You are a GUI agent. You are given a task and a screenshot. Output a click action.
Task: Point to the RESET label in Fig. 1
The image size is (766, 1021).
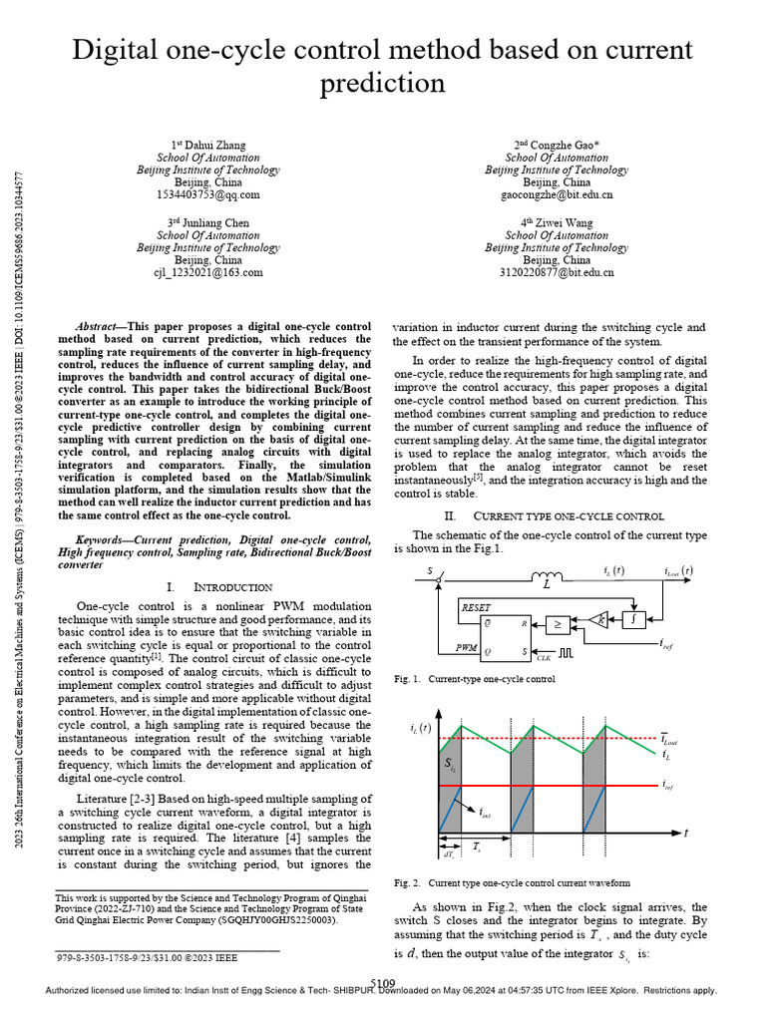point(476,605)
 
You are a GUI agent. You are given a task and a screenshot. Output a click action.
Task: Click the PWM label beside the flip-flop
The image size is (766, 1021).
point(468,647)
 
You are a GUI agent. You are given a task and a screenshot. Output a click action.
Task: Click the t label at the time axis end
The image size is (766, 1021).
point(685,833)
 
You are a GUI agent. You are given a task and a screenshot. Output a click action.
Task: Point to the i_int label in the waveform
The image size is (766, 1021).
point(485,814)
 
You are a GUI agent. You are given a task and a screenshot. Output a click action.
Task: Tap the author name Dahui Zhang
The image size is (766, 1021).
point(207,158)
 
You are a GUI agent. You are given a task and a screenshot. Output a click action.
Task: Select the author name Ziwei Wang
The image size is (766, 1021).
point(558,222)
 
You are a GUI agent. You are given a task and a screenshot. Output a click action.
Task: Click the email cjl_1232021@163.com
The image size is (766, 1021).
point(207,272)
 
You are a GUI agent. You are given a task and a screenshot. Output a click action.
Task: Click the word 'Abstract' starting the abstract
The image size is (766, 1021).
point(99,327)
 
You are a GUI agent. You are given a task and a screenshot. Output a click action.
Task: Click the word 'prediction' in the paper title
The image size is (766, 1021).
point(383,84)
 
